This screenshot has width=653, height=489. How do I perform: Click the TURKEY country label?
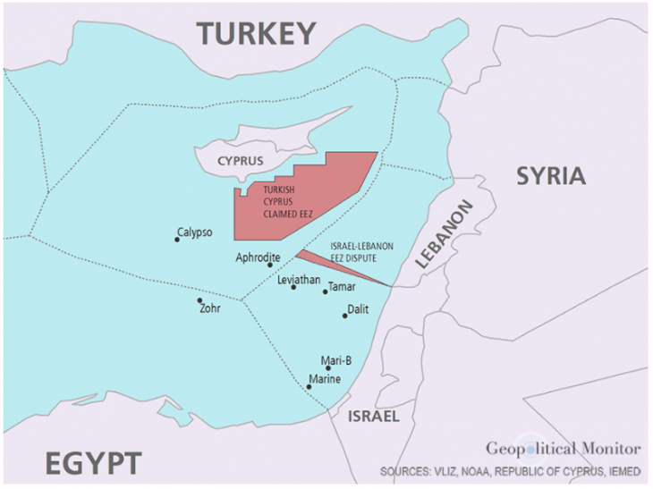click(257, 33)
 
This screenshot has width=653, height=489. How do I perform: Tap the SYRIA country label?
click(551, 176)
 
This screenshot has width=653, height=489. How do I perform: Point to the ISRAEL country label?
click(373, 417)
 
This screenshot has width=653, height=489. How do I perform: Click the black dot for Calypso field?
click(177, 239)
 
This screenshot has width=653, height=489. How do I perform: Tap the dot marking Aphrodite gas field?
click(270, 266)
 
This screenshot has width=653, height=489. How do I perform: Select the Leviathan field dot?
click(293, 287)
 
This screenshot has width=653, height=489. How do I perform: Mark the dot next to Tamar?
click(326, 291)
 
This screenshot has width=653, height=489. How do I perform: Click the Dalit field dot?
click(345, 316)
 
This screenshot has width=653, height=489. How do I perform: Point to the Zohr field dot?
click(199, 300)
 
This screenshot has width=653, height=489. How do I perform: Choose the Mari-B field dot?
click(328, 368)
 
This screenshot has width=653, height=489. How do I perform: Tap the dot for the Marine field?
click(309, 387)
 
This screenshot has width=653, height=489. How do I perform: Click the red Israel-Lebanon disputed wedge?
click(331, 266)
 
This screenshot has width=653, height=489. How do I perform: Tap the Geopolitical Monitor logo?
click(563, 448)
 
